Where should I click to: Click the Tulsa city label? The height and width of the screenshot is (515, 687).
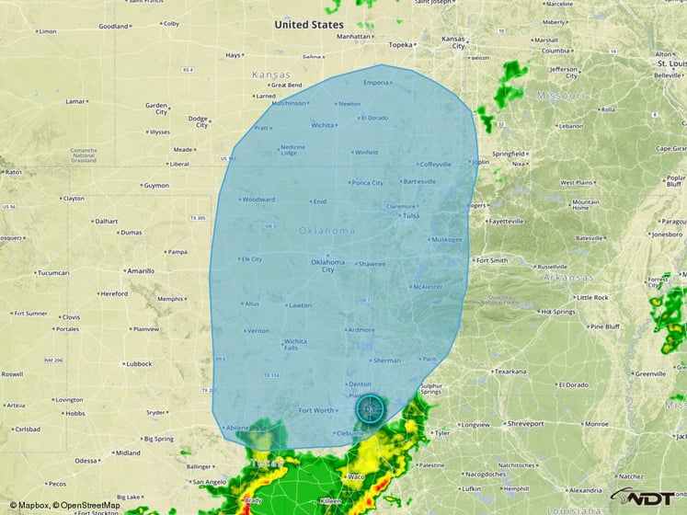click(x=410, y=216)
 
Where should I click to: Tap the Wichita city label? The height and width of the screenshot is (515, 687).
click(x=322, y=125)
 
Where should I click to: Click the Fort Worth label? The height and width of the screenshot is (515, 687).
click(x=317, y=410)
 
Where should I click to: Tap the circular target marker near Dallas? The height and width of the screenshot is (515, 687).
click(x=371, y=406)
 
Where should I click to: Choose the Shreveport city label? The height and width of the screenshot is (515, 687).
click(x=525, y=424)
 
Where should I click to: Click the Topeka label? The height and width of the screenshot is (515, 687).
click(x=401, y=44)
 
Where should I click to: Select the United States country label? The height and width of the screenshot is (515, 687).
click(x=309, y=25)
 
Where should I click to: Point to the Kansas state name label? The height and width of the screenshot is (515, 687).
click(x=271, y=74)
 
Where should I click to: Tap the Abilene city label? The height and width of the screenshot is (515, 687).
click(x=238, y=427)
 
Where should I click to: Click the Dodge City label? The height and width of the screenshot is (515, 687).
click(x=198, y=120)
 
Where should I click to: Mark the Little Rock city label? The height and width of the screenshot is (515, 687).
click(x=591, y=298)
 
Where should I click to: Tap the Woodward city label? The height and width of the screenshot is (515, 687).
click(x=258, y=200)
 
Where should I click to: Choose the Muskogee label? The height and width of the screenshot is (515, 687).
click(x=447, y=239)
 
